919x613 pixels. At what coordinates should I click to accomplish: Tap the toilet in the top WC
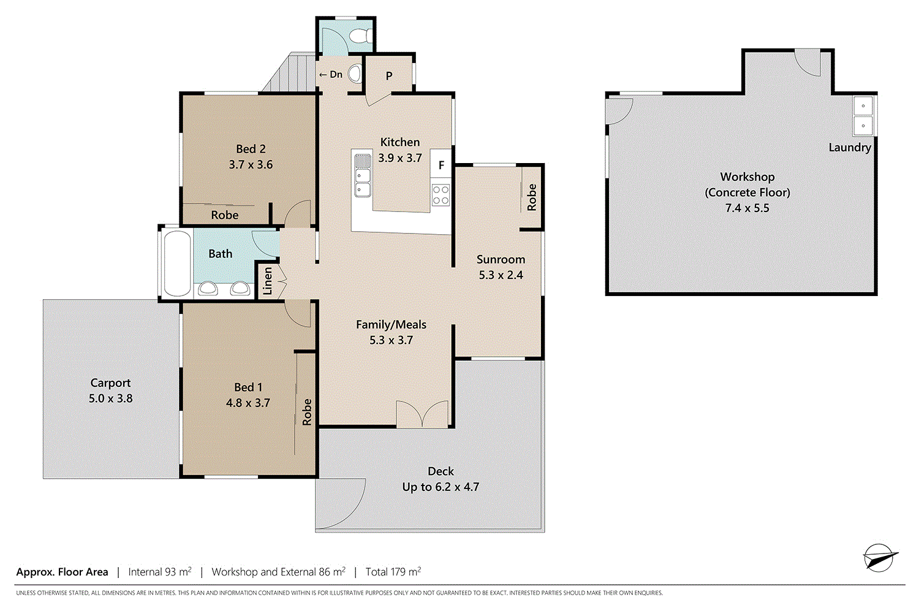[361, 36]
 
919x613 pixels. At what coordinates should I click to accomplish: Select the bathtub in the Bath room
[177, 263]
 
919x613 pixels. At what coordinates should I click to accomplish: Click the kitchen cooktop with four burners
[441, 195]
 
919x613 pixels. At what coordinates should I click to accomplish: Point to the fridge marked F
[441, 165]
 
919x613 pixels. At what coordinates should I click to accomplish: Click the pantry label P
[389, 76]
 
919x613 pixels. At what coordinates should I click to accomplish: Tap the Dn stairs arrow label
[331, 74]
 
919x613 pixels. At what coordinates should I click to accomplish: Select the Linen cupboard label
[268, 281]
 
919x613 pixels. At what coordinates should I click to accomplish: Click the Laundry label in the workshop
[850, 147]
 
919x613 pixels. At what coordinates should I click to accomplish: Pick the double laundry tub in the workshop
[863, 116]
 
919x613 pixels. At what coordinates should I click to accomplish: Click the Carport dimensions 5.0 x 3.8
[111, 398]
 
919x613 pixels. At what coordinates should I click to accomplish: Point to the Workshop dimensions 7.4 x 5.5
[747, 208]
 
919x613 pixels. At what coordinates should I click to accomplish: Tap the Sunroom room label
[501, 259]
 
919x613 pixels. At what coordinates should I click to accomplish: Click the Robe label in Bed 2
[224, 215]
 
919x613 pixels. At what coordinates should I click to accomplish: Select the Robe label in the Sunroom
[532, 197]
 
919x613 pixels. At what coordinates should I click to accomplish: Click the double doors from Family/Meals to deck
[422, 414]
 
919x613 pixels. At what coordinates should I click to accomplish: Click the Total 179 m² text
[393, 571]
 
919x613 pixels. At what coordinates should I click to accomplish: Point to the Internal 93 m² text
[159, 571]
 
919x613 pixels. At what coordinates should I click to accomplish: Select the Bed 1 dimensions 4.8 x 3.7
[248, 403]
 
